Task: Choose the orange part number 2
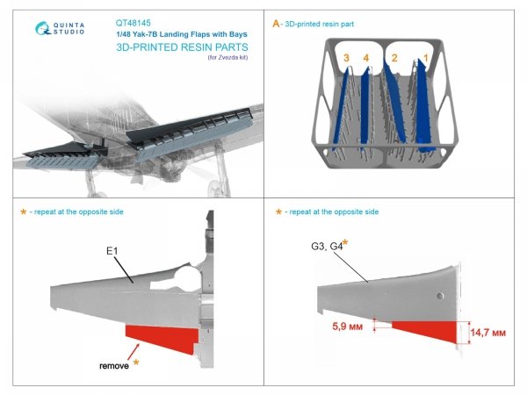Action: point(395,59)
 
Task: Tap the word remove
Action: point(112,366)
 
